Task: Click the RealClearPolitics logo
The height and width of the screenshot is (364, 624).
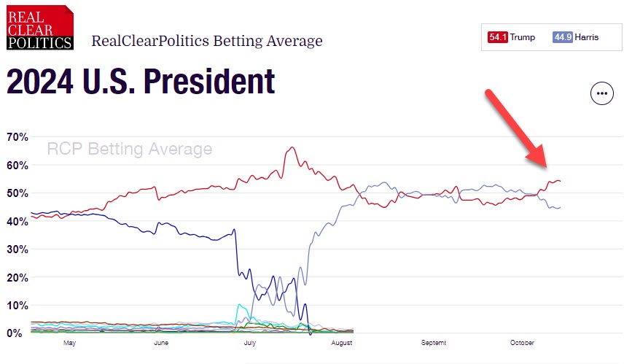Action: [x=40, y=27]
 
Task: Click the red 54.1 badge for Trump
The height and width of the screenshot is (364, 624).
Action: [x=498, y=37]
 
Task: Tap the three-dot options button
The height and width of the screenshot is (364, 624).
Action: [x=601, y=93]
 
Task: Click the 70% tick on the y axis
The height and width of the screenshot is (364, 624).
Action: [x=17, y=137]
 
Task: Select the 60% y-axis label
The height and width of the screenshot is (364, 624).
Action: [x=17, y=166]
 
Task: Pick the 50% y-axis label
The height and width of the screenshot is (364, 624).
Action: [x=17, y=193]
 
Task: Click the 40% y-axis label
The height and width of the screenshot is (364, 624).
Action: [x=17, y=222]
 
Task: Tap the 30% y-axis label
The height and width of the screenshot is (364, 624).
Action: [x=17, y=249]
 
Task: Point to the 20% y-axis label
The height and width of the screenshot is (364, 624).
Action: [x=17, y=278]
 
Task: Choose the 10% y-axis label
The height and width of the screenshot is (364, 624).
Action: [x=17, y=306]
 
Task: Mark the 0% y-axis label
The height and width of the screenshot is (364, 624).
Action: [x=15, y=333]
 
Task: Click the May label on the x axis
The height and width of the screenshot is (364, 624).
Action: [x=70, y=343]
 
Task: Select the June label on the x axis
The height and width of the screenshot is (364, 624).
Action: [x=161, y=343]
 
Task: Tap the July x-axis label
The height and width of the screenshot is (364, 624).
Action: [x=250, y=343]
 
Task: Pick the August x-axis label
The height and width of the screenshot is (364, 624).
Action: [x=341, y=343]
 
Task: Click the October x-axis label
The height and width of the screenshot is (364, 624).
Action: [x=522, y=343]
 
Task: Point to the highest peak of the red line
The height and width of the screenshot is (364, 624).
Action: [x=292, y=147]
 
